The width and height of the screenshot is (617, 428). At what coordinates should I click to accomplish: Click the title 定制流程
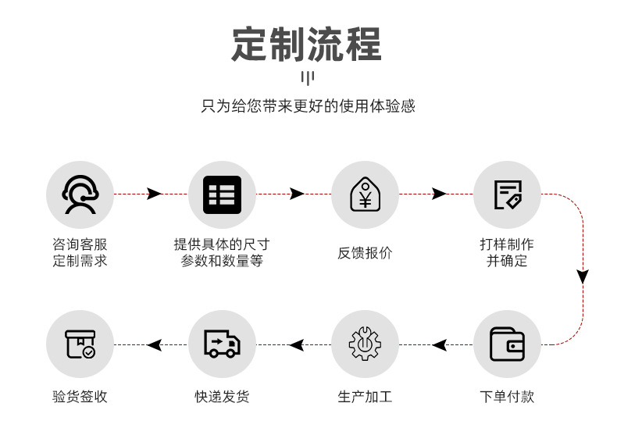(307, 44)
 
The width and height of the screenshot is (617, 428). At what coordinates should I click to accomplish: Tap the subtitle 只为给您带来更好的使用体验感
(308, 106)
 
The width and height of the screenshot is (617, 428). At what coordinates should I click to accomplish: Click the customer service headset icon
(80, 194)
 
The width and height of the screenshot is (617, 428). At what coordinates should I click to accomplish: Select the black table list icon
(222, 194)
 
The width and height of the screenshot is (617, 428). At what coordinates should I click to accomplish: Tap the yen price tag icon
(365, 194)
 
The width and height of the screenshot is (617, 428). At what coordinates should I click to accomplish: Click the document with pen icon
(508, 194)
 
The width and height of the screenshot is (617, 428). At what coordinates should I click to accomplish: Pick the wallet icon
(508, 344)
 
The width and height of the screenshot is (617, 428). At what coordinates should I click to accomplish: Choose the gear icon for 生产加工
(365, 344)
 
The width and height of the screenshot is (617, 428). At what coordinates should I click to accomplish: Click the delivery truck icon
(222, 344)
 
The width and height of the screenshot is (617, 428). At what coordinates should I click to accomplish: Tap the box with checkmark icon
(80, 344)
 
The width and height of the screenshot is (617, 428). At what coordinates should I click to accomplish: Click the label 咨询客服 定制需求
(80, 253)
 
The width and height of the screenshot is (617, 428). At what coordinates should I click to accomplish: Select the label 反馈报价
(365, 253)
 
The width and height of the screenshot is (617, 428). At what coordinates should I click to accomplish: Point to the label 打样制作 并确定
(508, 253)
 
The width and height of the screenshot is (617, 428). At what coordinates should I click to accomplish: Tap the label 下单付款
(508, 397)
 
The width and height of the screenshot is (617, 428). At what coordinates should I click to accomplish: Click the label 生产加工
(365, 397)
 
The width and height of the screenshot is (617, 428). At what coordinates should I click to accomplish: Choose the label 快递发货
(222, 397)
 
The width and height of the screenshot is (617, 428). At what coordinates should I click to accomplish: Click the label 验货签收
(80, 397)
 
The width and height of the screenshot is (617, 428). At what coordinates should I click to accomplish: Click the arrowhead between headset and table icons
(154, 194)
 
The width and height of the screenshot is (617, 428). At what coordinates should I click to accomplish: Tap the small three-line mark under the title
(307, 77)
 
